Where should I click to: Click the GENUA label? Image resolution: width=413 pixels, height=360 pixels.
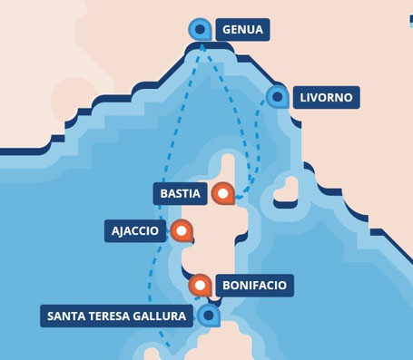point(242,31)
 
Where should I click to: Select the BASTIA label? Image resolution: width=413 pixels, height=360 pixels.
point(181,194)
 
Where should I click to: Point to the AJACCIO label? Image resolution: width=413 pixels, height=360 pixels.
point(136,231)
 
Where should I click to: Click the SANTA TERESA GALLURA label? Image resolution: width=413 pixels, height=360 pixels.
point(117,316)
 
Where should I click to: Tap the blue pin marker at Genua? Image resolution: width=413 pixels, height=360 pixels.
point(202,30)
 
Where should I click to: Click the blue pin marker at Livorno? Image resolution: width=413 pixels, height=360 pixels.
point(276,96)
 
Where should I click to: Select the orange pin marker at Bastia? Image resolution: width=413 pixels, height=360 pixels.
point(221,193)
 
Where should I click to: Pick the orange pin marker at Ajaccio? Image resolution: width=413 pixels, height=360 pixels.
point(182,231)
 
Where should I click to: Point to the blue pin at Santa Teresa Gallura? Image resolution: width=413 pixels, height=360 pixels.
point(210,316)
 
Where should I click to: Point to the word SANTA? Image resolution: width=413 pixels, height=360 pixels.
point(68,316)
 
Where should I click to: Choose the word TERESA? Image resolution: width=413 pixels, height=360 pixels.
point(112,316)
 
